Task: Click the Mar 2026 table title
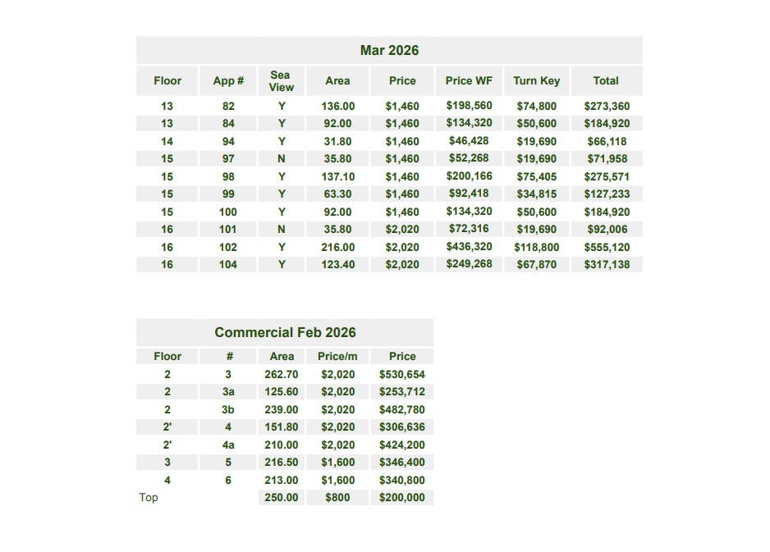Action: tap(389, 51)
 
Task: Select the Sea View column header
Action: tap(281, 80)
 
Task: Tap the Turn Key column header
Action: tap(536, 80)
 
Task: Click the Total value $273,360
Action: tap(607, 107)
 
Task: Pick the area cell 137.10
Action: tap(337, 177)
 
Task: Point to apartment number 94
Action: tap(228, 142)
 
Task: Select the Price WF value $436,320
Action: tap(469, 247)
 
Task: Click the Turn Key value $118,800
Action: tap(536, 247)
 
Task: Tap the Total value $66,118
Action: tap(607, 142)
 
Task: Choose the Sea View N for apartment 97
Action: tap(282, 159)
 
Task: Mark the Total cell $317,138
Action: tap(607, 265)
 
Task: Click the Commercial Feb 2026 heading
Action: tap(285, 333)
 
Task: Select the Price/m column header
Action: tap(337, 357)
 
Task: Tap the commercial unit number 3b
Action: tap(228, 410)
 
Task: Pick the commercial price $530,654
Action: tap(402, 375)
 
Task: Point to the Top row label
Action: tap(149, 498)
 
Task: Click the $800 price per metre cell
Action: tap(337, 498)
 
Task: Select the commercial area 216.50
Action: tap(282, 463)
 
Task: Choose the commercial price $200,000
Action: tap(402, 498)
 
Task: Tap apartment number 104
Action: tap(228, 265)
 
